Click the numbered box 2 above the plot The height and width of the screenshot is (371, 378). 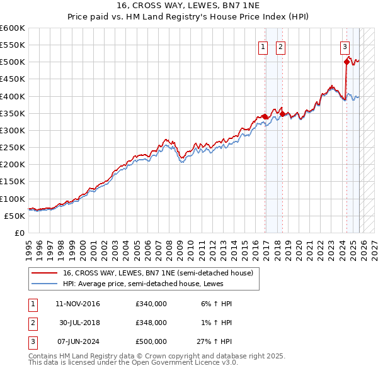pos(280,46)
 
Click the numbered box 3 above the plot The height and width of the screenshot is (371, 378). pos(345,46)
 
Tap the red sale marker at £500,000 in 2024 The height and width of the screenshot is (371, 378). pos(346,62)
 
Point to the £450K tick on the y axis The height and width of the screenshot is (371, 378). pos(13,79)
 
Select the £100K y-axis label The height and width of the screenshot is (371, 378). pos(13,199)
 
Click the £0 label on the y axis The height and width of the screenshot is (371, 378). pos(19,233)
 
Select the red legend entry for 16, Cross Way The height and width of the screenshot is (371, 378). pos(157,273)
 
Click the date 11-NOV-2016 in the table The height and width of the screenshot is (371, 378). pos(77,304)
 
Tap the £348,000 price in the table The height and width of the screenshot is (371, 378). pos(151,322)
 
